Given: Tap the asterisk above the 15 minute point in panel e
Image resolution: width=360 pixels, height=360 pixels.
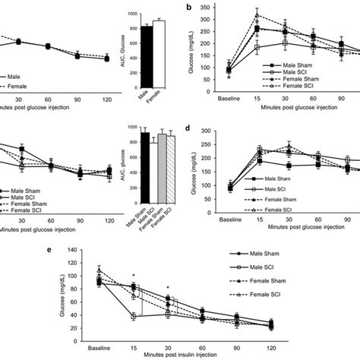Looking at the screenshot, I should (x=133, y=276).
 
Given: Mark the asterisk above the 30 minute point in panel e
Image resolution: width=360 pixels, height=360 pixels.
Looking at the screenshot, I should (x=169, y=289).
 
